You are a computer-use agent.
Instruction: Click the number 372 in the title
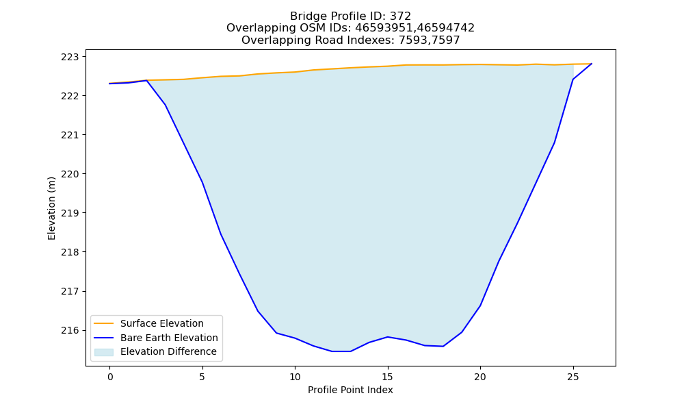(401, 16)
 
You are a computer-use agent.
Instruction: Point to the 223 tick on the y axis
(70, 57)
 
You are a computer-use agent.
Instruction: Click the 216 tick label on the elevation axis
(70, 330)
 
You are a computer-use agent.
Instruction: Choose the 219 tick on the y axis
(70, 213)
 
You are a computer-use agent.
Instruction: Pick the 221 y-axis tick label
(70, 135)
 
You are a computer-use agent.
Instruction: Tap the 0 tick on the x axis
(110, 377)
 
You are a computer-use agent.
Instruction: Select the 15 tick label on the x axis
(387, 377)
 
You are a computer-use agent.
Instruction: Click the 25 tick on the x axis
(573, 377)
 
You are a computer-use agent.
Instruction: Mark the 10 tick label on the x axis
(295, 377)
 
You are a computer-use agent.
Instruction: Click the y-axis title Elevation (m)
(51, 208)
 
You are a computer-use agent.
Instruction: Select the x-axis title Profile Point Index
(350, 390)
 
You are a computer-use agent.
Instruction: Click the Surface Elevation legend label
(162, 323)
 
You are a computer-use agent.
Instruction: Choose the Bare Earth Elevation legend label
(169, 338)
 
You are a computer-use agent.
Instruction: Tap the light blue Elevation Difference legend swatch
(103, 352)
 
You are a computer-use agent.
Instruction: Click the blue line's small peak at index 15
(387, 337)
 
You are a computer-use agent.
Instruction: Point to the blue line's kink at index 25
(573, 79)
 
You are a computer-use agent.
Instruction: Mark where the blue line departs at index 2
(146, 80)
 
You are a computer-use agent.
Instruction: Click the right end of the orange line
(592, 64)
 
